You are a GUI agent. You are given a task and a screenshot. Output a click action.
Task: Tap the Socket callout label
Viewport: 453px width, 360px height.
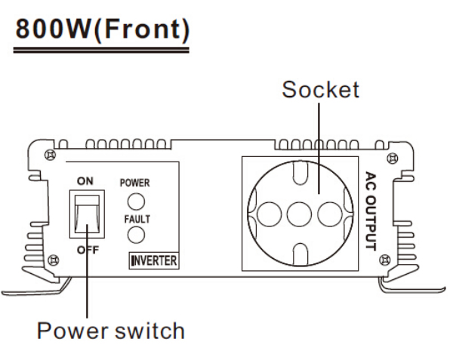320,91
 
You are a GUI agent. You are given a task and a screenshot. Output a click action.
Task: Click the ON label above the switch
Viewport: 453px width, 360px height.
87,180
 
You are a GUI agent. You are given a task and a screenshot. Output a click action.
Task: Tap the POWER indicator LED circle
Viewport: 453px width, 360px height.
134,202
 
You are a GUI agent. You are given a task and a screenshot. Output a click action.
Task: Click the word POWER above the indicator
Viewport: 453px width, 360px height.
135,183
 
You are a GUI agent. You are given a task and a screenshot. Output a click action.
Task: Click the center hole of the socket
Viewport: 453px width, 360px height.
300,214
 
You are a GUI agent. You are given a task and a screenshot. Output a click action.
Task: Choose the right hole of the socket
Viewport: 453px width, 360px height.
330,214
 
